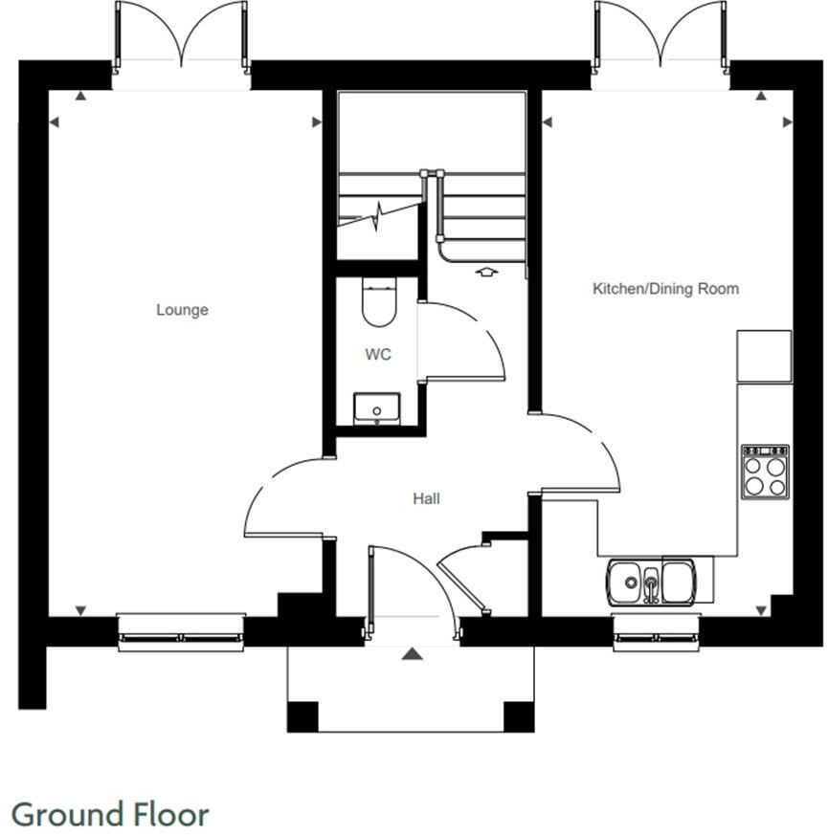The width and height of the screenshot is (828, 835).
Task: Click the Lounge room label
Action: point(182,310)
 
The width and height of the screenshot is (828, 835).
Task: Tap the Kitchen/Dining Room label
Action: point(665,288)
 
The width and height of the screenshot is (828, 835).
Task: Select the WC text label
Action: point(378,355)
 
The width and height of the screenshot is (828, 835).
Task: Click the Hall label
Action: point(426,498)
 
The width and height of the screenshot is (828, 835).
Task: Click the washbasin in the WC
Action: point(376,408)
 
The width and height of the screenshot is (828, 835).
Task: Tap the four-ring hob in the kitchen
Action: point(765,472)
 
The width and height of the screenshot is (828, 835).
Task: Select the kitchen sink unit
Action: point(660,581)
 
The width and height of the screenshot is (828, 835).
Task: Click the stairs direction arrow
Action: point(486,272)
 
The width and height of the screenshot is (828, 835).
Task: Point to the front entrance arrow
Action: point(412,654)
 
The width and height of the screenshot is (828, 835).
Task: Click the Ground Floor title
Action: point(110,815)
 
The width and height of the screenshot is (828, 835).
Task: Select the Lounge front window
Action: point(181,632)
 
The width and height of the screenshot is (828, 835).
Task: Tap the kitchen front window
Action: point(656,632)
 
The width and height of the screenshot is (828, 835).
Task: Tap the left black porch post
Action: point(302,715)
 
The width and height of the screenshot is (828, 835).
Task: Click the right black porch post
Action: point(518,715)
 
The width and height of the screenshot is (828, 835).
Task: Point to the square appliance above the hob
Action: point(764,355)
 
